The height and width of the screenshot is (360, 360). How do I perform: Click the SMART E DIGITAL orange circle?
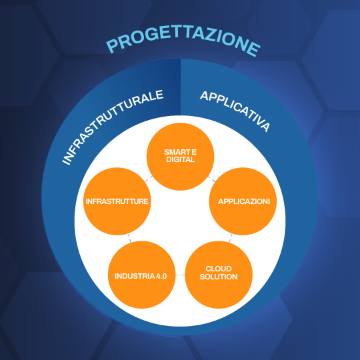(180, 157)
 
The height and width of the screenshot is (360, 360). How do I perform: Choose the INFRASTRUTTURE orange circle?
(117, 201)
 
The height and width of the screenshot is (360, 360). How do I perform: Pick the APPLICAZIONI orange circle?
(243, 201)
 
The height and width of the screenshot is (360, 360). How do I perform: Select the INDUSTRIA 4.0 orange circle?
(141, 275)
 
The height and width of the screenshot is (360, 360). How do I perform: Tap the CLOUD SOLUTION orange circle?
(219, 275)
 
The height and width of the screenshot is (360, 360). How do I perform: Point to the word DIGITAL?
(180, 159)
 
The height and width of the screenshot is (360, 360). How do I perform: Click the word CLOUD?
(219, 269)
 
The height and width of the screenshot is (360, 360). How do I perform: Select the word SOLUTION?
(219, 277)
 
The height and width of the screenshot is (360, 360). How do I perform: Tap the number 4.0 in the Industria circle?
(161, 276)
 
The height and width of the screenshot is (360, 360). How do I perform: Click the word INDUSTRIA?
(135, 276)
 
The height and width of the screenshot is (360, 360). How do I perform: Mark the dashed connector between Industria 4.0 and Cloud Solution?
(180, 275)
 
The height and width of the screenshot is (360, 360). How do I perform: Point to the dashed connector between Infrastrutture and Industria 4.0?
(130, 238)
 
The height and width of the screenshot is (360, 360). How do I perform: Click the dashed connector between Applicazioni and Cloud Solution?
(230, 238)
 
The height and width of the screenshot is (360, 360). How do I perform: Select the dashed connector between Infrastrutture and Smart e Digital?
(149, 179)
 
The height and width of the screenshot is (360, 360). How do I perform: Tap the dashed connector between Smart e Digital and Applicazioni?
(211, 179)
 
